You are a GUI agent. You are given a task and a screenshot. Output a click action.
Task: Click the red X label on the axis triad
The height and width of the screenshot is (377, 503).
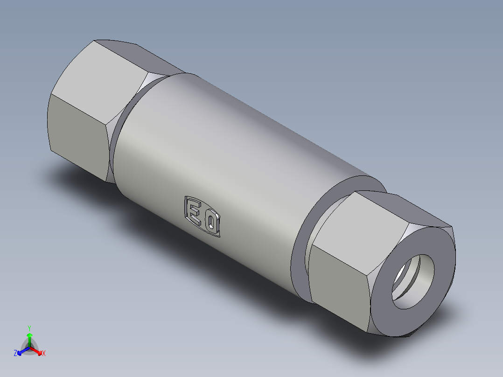(44, 354)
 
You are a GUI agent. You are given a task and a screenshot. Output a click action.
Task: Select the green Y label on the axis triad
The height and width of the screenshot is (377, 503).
(29, 328)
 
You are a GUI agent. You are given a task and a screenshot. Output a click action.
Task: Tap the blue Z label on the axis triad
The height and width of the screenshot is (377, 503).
(15, 354)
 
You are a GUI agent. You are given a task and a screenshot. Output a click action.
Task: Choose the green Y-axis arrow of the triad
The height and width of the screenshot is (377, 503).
(29, 338)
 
